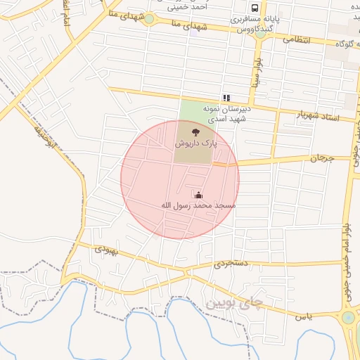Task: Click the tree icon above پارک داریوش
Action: (195, 131)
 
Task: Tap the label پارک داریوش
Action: (196, 143)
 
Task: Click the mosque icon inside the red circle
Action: (199, 195)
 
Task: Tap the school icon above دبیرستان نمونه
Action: (226, 98)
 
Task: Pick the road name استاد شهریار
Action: (317, 115)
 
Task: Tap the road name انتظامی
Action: (297, 40)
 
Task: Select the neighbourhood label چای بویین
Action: (233, 304)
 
